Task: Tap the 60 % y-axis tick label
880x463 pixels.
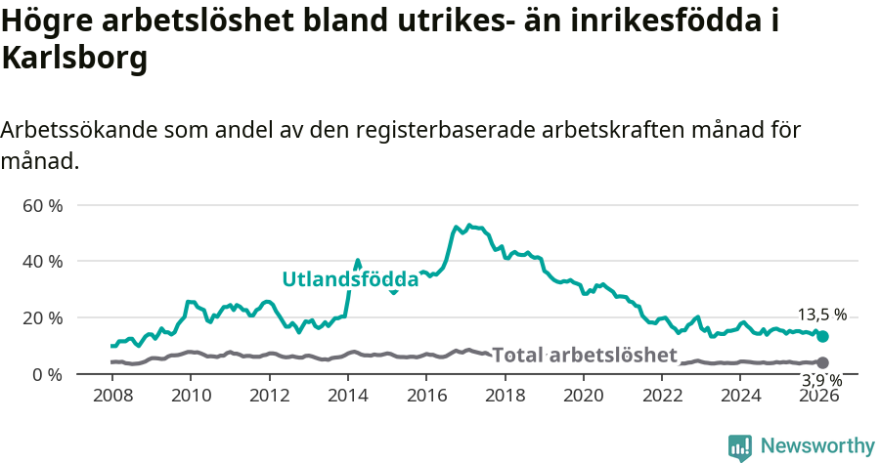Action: click(x=42, y=205)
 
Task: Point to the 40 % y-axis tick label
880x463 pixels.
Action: click(x=42, y=262)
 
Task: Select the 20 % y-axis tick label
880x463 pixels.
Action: click(x=42, y=317)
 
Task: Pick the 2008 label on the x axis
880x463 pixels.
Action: click(x=112, y=396)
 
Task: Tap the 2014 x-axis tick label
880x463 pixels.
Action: click(x=348, y=396)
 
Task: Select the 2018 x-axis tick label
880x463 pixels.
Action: click(x=506, y=396)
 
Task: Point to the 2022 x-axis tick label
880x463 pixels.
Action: click(x=662, y=396)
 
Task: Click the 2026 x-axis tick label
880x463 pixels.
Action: click(x=819, y=396)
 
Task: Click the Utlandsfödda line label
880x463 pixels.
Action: click(x=350, y=279)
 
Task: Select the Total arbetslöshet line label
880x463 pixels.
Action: click(x=585, y=355)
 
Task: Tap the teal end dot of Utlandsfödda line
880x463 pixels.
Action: click(x=822, y=336)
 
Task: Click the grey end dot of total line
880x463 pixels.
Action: click(x=822, y=362)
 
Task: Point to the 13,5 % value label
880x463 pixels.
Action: click(x=821, y=316)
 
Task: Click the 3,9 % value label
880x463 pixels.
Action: click(x=821, y=380)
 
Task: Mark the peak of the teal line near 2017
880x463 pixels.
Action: click(x=469, y=226)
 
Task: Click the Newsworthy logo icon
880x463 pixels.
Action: click(x=740, y=447)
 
